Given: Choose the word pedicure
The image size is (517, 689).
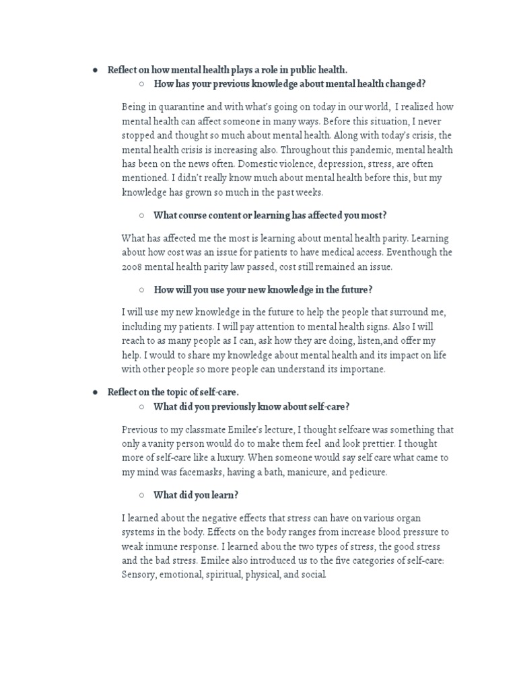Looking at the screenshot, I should click(x=365, y=472).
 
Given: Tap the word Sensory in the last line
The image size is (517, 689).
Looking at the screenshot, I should click(x=139, y=575).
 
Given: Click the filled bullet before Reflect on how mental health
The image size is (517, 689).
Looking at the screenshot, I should click(x=96, y=70).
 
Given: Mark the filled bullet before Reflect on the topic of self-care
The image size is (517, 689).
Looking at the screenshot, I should click(x=96, y=392).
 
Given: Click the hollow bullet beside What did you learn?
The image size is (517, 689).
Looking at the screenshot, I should click(x=142, y=495).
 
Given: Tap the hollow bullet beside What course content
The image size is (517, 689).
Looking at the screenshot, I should click(x=142, y=215).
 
